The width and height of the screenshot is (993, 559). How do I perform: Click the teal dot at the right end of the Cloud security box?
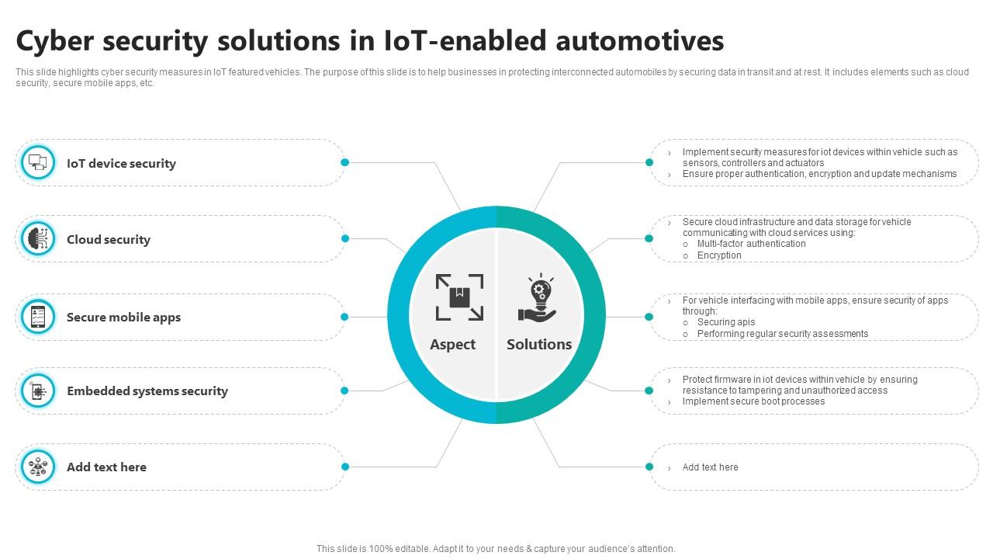[345, 238]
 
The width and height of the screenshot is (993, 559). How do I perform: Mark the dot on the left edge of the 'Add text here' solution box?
[649, 467]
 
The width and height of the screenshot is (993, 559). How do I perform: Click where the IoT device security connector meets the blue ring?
[461, 210]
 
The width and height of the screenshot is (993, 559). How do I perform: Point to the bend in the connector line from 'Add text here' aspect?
[437, 467]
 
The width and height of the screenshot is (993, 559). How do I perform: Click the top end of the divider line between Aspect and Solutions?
[496, 229]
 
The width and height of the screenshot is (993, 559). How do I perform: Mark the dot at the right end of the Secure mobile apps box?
[344, 317]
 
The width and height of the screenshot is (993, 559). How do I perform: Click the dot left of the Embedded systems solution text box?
[649, 391]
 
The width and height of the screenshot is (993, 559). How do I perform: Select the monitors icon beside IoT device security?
[38, 162]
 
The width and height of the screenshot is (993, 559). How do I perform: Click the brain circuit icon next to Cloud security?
[38, 238]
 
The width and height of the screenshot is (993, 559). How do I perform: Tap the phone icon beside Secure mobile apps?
[38, 317]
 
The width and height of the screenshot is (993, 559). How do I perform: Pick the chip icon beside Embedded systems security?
[38, 391]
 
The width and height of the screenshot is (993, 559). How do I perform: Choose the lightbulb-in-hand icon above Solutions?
[538, 297]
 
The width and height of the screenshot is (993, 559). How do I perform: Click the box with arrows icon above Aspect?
[459, 297]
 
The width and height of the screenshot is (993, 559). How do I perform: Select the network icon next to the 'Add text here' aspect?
[38, 467]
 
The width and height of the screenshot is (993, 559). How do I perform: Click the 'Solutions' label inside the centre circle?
[539, 344]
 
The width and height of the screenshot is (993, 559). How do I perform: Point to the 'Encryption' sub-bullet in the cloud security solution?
[719, 255]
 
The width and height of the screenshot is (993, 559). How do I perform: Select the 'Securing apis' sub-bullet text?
[725, 322]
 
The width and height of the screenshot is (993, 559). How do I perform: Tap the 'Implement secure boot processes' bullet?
[753, 401]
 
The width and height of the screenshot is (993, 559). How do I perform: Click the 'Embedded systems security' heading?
[147, 391]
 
